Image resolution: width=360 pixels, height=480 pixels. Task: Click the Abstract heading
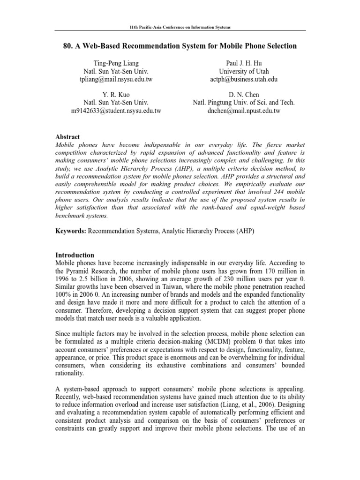[68, 136]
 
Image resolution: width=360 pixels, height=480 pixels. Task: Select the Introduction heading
[75, 255]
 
